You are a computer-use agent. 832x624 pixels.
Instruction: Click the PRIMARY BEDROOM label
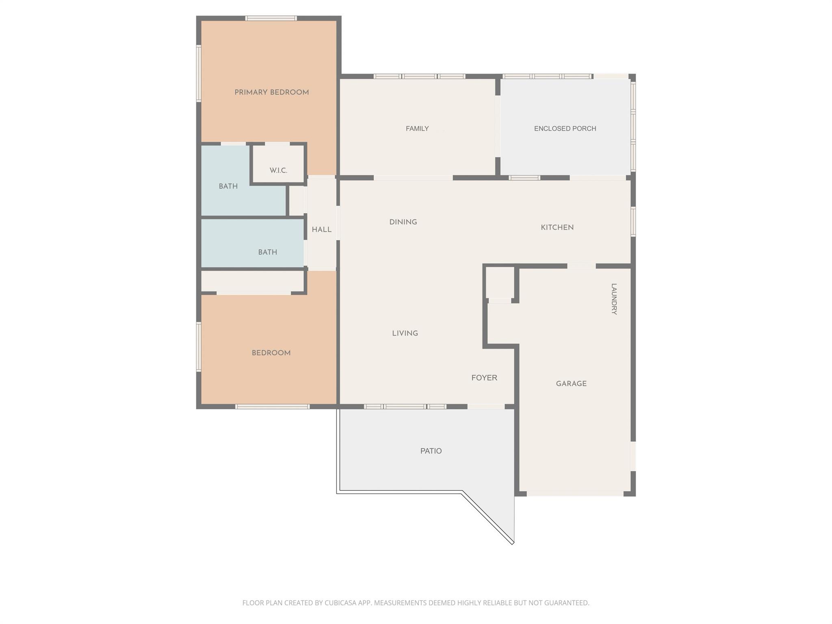[x=271, y=93]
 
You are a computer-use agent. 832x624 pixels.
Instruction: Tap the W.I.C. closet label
[x=278, y=171]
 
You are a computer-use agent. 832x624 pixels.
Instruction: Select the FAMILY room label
[x=417, y=129]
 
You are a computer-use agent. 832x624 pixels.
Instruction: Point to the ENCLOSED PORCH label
[x=565, y=129]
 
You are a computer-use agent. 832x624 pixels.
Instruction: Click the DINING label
[x=403, y=222]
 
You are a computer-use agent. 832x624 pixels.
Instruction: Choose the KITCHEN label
[x=557, y=227]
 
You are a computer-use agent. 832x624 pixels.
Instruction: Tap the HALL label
[x=321, y=230]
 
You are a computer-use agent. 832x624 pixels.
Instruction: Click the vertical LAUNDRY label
[x=614, y=299]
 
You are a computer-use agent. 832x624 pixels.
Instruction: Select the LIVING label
[x=405, y=334]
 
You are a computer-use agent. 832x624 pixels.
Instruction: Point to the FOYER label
[x=484, y=378]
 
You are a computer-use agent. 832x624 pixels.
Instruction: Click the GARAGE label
[x=571, y=383]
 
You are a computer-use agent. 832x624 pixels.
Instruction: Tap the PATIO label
[x=431, y=451]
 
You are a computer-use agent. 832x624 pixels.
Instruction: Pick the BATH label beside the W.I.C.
[x=228, y=186]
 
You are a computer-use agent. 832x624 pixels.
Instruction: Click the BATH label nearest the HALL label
[x=267, y=252]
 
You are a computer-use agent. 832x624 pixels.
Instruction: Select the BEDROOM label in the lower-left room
[x=271, y=353]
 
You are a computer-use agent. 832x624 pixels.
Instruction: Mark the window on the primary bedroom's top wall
[x=271, y=18]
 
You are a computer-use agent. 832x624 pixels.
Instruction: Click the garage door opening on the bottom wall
[x=575, y=494]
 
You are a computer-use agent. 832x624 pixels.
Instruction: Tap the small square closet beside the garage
[x=500, y=283]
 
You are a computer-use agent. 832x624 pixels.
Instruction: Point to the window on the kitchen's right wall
[x=633, y=222]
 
